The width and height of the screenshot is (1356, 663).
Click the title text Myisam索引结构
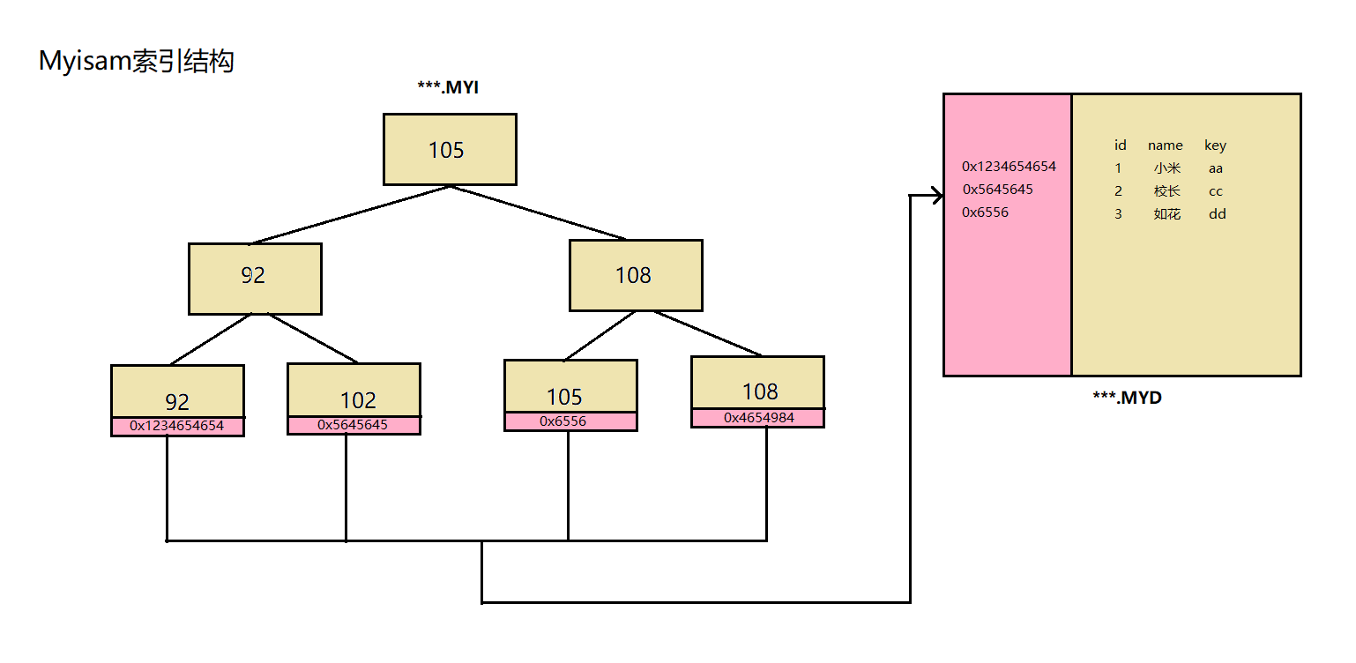point(137,62)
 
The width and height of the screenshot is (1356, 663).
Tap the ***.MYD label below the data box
point(1127,398)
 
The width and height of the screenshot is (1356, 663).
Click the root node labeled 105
point(449,150)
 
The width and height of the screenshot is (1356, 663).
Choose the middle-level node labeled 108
point(635,275)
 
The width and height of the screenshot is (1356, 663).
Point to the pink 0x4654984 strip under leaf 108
point(757,418)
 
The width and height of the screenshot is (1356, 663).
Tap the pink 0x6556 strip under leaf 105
point(570,421)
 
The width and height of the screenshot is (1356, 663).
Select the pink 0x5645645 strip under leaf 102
point(353,425)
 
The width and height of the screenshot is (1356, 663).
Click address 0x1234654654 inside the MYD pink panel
point(1009,166)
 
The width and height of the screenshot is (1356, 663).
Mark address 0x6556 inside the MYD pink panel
point(986,212)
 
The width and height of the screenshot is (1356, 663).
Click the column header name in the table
point(1165,145)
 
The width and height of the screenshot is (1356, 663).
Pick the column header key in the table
point(1215,145)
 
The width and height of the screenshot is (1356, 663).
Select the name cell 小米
point(1166,168)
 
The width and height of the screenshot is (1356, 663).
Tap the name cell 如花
point(1166,214)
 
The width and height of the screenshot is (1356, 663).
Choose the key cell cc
point(1216,191)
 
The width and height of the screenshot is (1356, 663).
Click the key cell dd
point(1217,214)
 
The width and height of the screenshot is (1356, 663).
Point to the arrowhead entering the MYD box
point(937,196)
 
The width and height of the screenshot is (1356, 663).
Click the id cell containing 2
point(1118,191)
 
